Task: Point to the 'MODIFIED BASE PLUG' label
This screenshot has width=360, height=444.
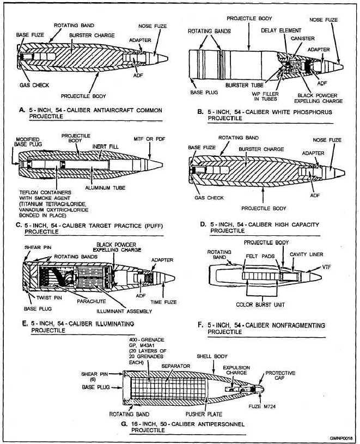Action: (23, 143)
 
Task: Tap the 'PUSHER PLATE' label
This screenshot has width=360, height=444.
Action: (209, 414)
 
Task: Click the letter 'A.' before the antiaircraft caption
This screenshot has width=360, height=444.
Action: (22, 110)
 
